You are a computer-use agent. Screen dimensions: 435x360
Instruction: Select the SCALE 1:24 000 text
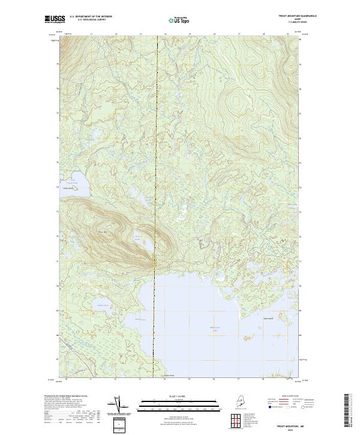[179, 396]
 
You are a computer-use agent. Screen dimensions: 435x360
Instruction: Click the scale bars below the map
[179, 405]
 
